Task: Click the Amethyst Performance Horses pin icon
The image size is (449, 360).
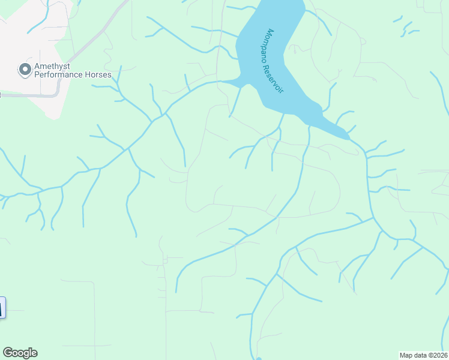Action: point(25,70)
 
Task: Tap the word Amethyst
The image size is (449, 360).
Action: point(53,67)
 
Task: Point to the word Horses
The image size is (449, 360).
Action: point(98,75)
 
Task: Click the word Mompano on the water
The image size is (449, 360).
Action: point(274,46)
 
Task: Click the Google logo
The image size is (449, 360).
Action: point(20,353)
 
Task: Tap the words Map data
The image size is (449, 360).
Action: point(414,355)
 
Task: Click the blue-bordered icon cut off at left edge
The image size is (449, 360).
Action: point(2,307)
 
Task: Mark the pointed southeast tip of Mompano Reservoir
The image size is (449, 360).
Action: point(348,139)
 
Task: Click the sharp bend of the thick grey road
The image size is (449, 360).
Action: point(58,91)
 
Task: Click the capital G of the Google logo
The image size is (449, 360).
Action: point(7,353)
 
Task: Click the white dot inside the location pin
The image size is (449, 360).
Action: point(25,70)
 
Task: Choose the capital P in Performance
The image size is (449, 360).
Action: point(37,75)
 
